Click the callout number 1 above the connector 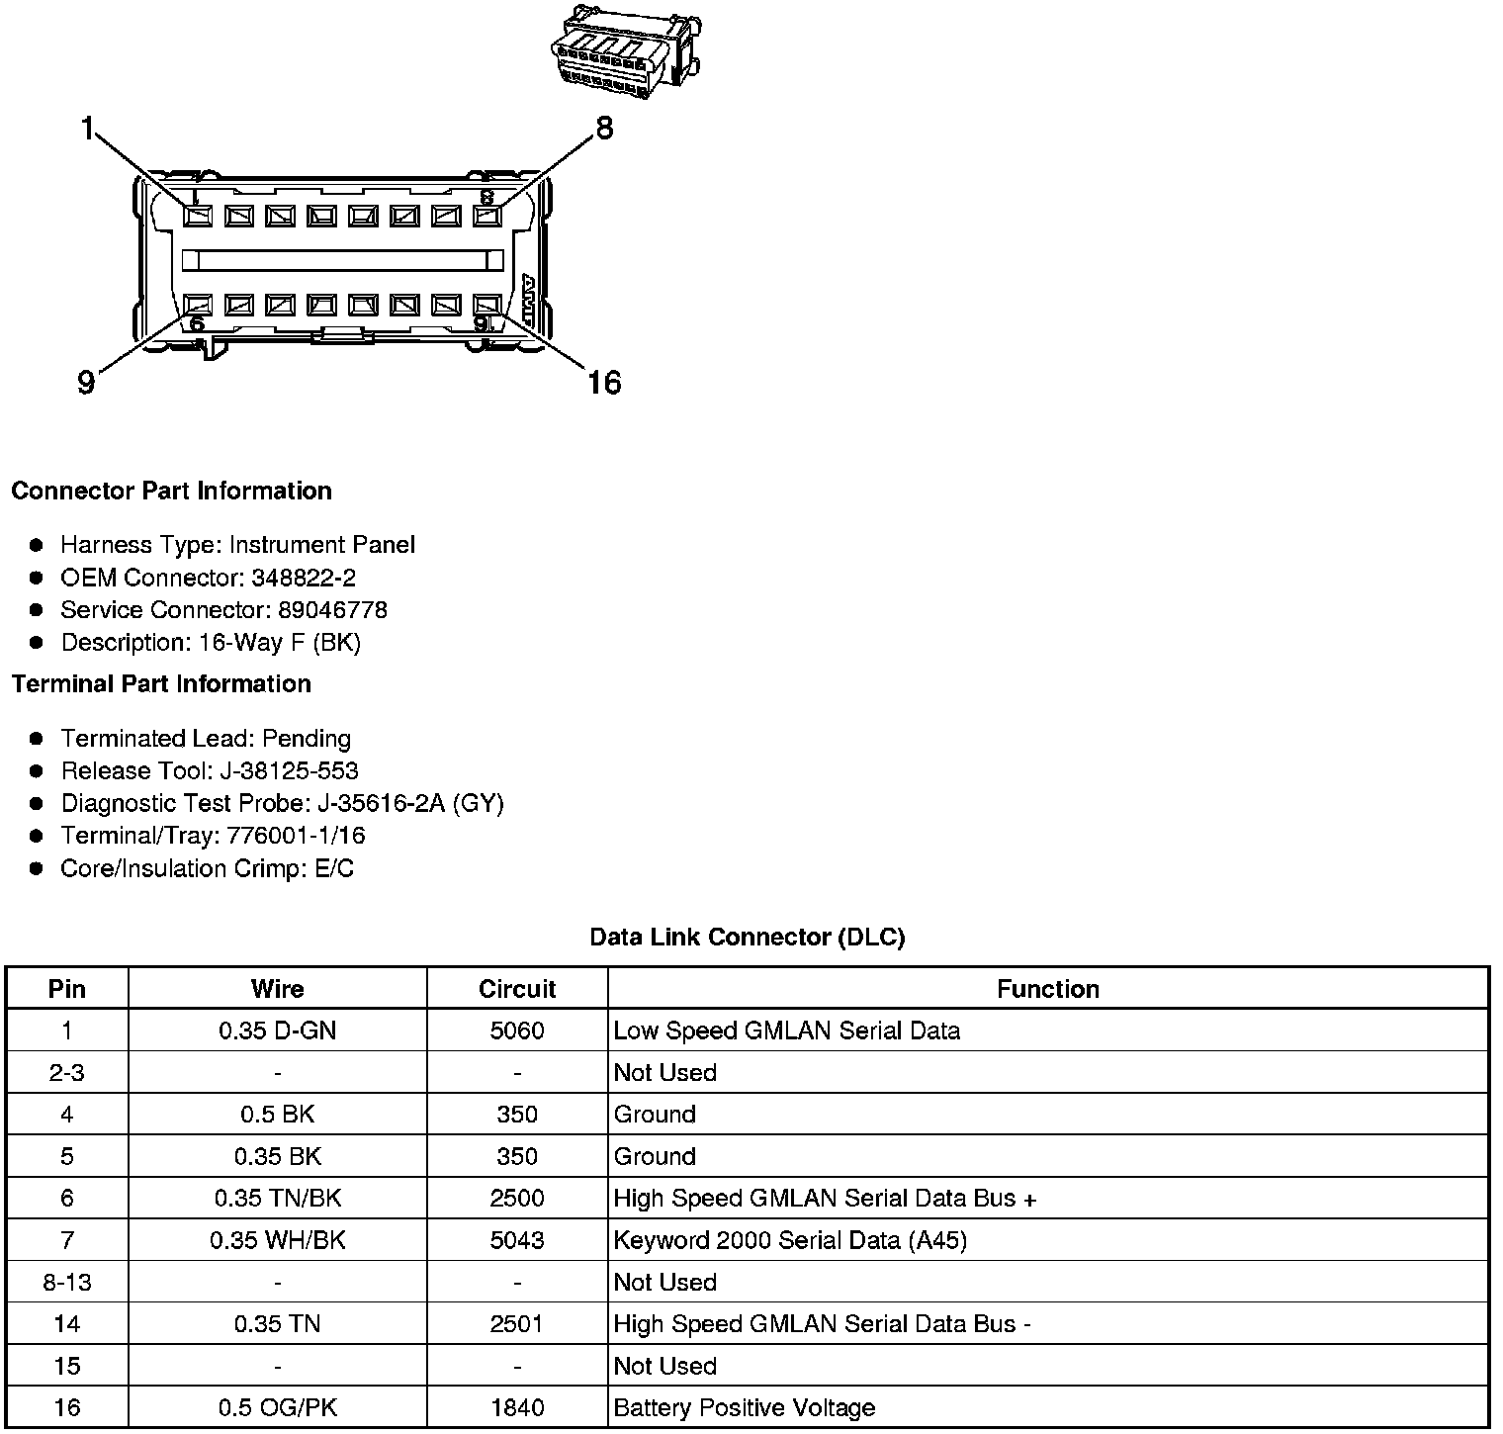89,129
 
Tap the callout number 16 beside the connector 603,382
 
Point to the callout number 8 603,129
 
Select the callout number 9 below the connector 87,382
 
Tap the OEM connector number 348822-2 303,578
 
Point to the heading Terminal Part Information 161,684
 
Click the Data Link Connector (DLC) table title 747,937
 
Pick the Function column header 1047,989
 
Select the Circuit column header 517,989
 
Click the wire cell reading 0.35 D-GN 277,1031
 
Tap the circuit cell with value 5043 517,1240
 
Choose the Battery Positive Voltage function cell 744,1407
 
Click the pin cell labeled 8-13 66,1282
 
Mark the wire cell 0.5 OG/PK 277,1407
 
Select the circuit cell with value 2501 517,1323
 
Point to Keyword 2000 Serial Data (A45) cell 789,1240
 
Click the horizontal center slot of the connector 341,260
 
